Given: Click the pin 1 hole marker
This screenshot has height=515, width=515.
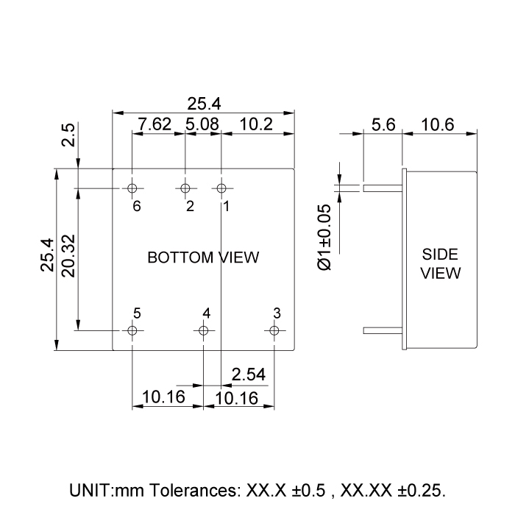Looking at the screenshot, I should tap(221, 188).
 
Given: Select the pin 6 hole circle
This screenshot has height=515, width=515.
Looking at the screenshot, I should tap(132, 188).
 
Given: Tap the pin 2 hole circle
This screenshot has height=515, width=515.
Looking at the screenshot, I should tap(185, 188).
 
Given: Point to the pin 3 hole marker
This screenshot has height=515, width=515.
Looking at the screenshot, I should tap(274, 330).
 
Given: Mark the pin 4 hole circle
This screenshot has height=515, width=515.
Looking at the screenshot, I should tap(203, 330).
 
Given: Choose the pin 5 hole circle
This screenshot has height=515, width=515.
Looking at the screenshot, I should tap(132, 330).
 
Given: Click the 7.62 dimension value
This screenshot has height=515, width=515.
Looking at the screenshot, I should tap(155, 124).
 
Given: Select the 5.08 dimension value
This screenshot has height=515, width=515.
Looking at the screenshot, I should tap(202, 124).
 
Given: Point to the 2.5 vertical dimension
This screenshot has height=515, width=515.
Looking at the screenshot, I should tap(68, 135).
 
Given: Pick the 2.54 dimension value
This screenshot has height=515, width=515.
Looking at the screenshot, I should tap(249, 374).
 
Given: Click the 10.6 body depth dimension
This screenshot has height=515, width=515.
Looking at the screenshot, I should tap(438, 124).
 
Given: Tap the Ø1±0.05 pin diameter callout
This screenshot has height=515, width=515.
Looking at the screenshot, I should tap(324, 236).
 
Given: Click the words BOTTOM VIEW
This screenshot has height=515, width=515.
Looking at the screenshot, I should tap(203, 257).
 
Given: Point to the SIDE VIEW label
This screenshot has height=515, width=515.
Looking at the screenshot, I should tap(441, 264).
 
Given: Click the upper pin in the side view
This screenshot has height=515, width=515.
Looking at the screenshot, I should tap(383, 188).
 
